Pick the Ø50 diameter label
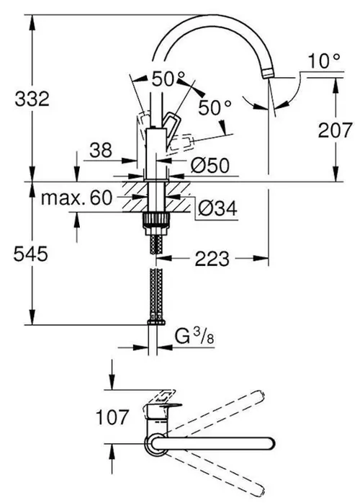(211, 165)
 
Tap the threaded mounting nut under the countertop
(153, 219)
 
